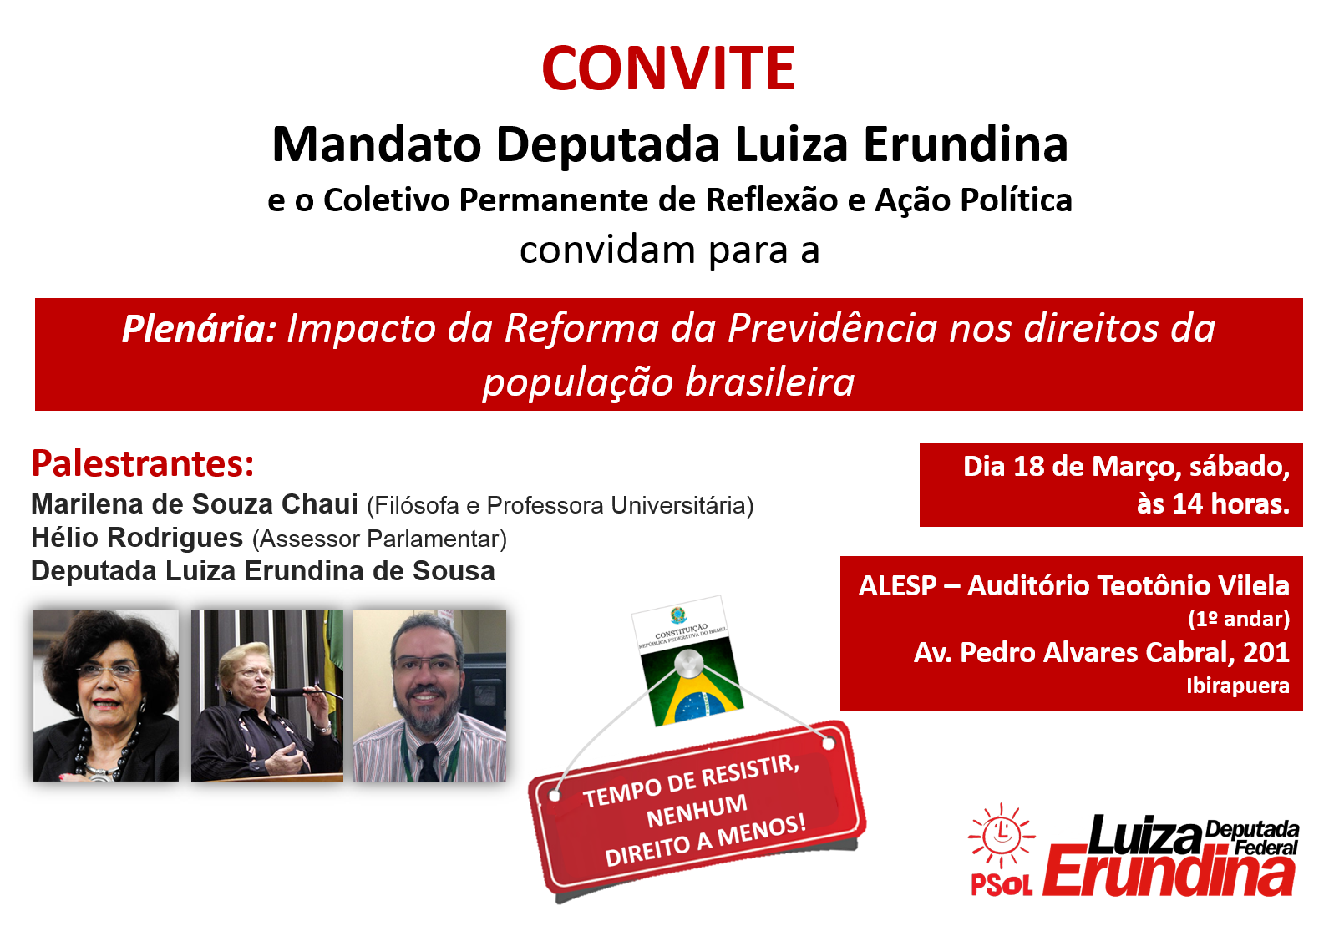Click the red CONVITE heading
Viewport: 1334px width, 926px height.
tap(668, 68)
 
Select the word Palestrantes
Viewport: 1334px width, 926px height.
tap(143, 463)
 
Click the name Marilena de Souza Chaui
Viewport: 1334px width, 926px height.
tap(194, 504)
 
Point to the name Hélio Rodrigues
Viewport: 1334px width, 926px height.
tap(137, 538)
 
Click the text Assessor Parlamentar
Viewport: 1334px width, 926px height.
tap(379, 539)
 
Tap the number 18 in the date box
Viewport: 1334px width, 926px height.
tap(1028, 467)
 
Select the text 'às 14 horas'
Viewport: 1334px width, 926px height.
tap(1213, 504)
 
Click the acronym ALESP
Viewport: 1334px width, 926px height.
tap(897, 586)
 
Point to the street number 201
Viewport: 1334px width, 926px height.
tap(1266, 653)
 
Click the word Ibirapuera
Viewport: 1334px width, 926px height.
tap(1238, 686)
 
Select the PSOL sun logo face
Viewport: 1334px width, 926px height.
tap(1001, 834)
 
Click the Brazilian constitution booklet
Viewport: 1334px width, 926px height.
tap(687, 661)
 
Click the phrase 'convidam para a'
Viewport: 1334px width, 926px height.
tap(669, 250)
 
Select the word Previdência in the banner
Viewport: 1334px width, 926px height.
tap(833, 328)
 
